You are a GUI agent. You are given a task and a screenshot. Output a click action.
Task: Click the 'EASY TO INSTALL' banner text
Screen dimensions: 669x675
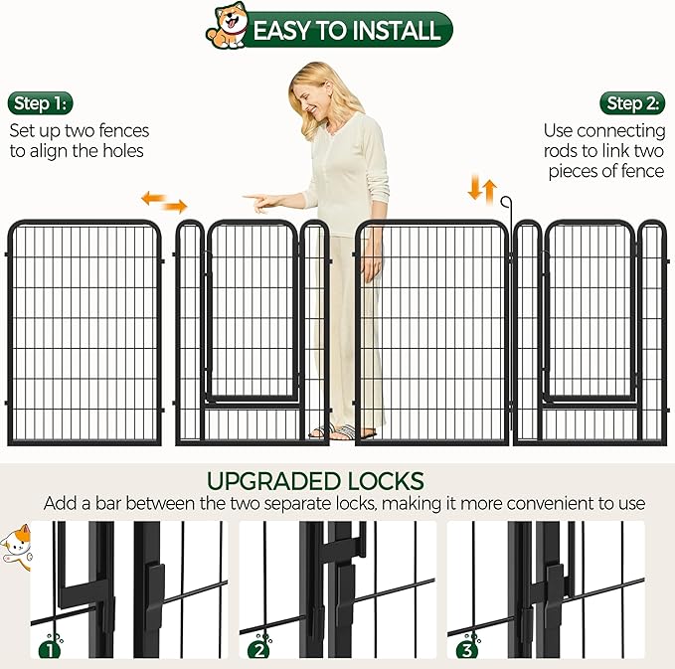tap(346, 30)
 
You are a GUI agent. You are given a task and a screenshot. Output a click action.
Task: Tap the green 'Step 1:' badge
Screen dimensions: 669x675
tap(42, 103)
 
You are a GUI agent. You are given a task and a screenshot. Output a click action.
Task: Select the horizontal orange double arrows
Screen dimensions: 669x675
tap(163, 202)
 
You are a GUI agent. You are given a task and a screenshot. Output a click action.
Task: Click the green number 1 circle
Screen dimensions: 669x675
tap(46, 651)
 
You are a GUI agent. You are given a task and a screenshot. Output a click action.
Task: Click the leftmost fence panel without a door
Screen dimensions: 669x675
tap(84, 333)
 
